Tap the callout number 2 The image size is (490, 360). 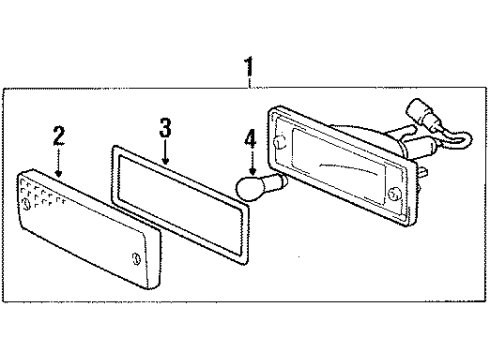tap(60, 135)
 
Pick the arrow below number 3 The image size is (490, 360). tap(166, 154)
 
